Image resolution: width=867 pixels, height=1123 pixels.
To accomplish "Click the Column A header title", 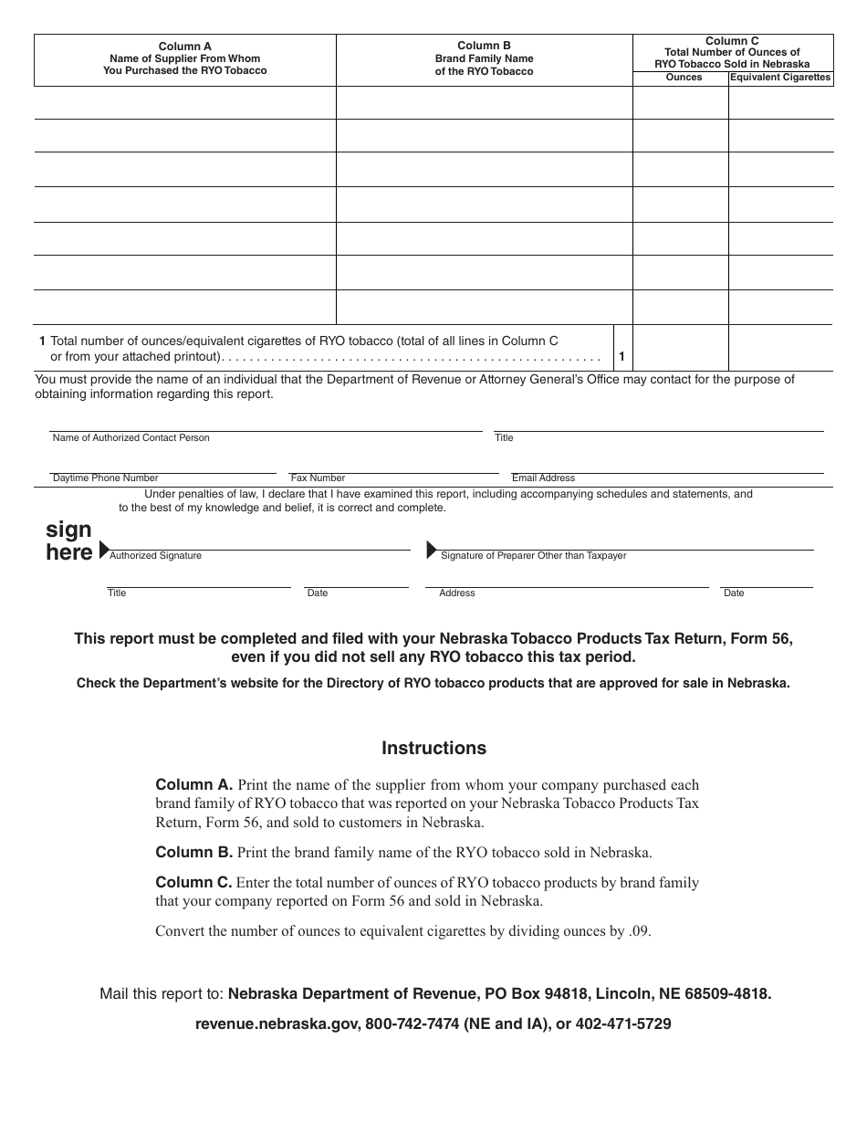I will [x=184, y=46].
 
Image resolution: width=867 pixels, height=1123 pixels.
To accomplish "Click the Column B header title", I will [x=484, y=46].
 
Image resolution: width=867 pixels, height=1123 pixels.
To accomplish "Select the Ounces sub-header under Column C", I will [x=684, y=78].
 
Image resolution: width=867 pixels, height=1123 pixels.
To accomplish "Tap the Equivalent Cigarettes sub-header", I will [x=780, y=78].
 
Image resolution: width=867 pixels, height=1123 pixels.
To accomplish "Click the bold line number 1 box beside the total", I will [x=622, y=357].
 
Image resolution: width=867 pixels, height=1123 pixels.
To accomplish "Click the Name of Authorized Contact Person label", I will [x=131, y=438].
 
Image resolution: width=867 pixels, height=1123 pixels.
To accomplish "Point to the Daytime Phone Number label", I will [x=105, y=478].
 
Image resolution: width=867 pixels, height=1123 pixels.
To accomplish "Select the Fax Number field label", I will [x=318, y=478].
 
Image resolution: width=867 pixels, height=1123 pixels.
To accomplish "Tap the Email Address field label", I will [x=543, y=478].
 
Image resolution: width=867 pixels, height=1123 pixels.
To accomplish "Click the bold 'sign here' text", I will [x=69, y=541].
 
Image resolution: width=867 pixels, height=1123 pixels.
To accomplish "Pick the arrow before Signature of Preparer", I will [x=432, y=550].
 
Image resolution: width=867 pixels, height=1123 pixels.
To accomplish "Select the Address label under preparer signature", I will [x=456, y=593].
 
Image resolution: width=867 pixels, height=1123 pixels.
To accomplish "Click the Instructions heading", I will [x=433, y=749].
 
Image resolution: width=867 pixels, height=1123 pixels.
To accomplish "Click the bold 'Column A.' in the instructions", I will [x=194, y=784].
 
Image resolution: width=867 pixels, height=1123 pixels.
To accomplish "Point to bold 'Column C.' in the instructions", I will [x=194, y=883].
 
